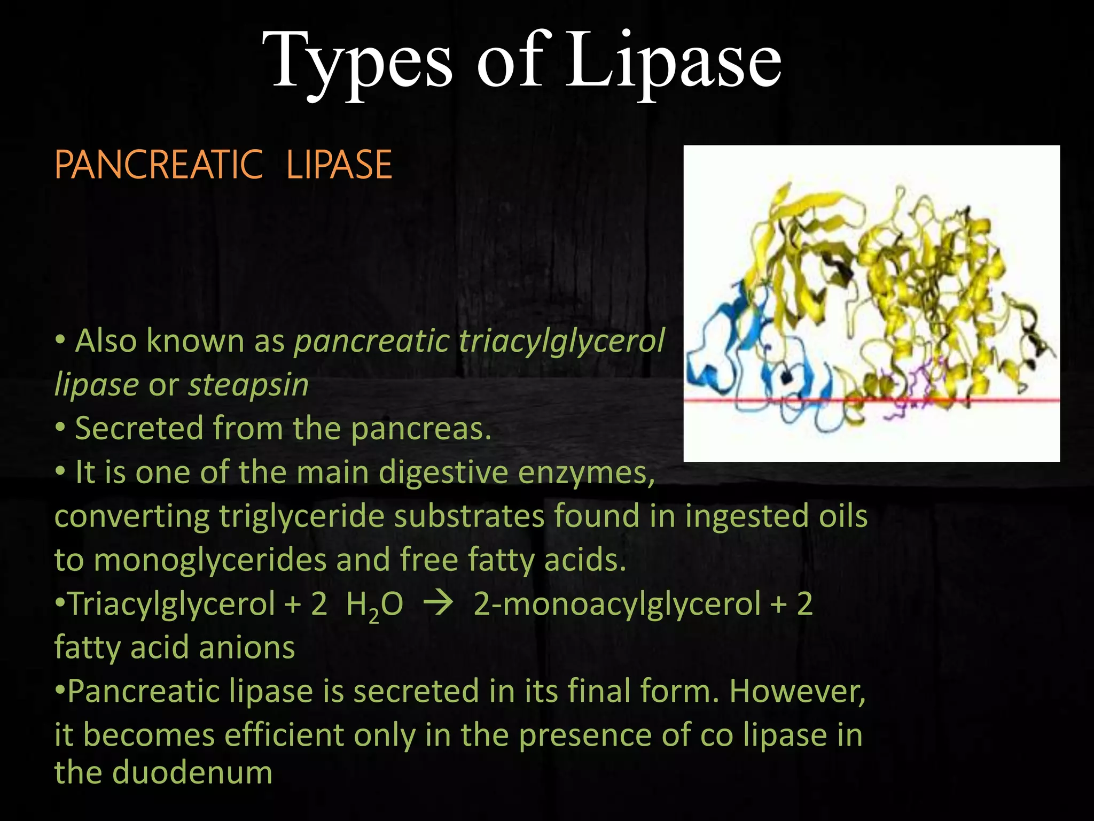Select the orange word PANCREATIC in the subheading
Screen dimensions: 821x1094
[x=159, y=165]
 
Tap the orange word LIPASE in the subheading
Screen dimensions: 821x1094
[x=339, y=165]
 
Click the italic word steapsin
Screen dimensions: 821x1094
[x=249, y=385]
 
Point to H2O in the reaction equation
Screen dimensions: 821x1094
[x=374, y=605]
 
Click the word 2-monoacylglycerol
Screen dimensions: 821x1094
[x=617, y=605]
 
